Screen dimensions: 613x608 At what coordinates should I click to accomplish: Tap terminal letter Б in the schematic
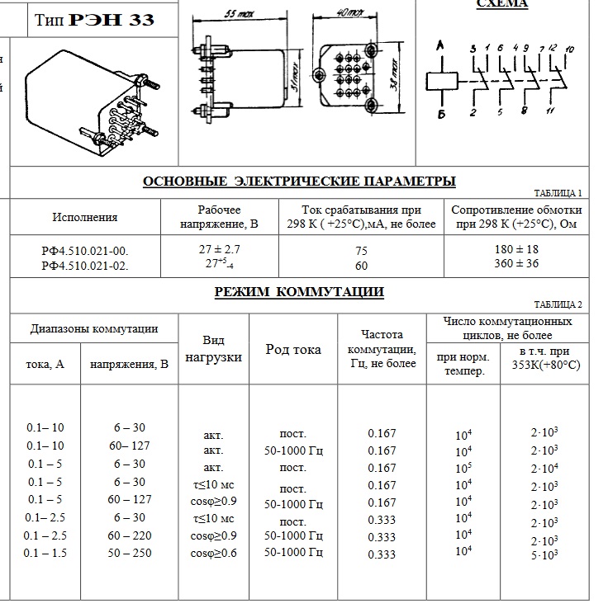point(441,114)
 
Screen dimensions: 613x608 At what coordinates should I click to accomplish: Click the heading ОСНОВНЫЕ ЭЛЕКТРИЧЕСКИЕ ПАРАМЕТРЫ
point(299,182)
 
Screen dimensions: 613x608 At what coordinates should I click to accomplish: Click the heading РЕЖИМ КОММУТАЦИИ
point(299,292)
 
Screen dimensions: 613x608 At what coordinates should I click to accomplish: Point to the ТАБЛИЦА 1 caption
point(558,193)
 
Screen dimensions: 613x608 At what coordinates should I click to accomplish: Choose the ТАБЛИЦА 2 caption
point(558,304)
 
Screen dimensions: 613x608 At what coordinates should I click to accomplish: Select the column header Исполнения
point(85,218)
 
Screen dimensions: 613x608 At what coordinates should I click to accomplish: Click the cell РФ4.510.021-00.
point(85,250)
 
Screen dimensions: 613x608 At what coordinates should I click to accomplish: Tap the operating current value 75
point(361,251)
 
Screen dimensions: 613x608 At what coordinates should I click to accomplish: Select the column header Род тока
point(293,350)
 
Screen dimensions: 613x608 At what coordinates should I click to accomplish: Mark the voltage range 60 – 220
point(129,535)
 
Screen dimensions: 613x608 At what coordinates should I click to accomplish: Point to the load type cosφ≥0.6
point(213,553)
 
